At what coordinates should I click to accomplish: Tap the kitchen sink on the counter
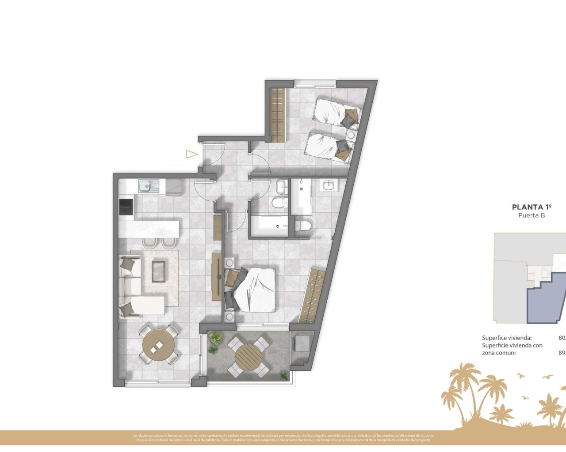point(146,186)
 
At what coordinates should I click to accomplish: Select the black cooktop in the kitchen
point(126,207)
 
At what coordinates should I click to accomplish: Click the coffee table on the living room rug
point(158,271)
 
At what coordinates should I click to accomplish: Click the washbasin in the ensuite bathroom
point(328,185)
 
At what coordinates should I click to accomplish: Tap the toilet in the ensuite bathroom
point(303,225)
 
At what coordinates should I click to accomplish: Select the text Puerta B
point(532,215)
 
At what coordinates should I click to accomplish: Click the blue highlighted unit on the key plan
point(546,300)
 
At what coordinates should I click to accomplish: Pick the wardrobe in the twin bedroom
point(277,115)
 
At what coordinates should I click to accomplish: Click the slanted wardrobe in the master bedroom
point(313,295)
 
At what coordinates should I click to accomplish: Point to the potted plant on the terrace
point(215,339)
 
